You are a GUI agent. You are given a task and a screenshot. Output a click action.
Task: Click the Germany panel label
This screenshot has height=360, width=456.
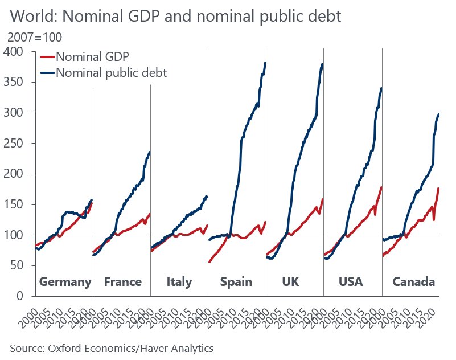pos(65,282)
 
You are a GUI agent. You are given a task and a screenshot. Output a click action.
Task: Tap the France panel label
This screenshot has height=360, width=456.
pos(123,282)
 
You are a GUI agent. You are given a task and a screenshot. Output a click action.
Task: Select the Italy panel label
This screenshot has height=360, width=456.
pos(179,282)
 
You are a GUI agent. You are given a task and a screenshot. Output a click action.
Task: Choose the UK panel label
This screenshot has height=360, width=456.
pos(291,282)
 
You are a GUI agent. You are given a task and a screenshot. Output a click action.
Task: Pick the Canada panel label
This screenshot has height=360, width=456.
pos(414,282)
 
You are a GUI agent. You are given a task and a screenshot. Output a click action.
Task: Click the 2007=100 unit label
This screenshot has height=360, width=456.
pos(35,38)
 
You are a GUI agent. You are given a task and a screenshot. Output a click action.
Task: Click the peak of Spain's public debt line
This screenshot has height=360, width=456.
pos(265,63)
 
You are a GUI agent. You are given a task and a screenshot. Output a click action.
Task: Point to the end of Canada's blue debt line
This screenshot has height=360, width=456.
pos(439,114)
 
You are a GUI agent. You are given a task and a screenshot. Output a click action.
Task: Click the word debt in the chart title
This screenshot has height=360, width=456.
pos(324,17)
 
